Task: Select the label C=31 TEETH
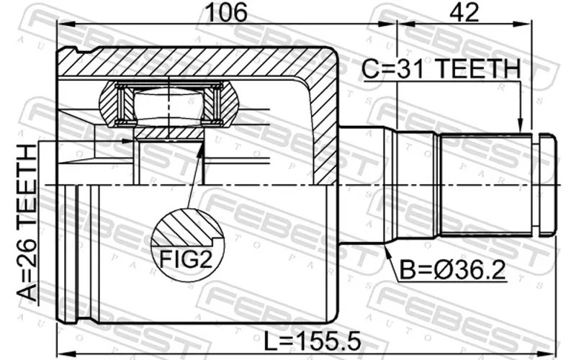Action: [440, 70]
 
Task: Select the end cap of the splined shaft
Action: [546, 186]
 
